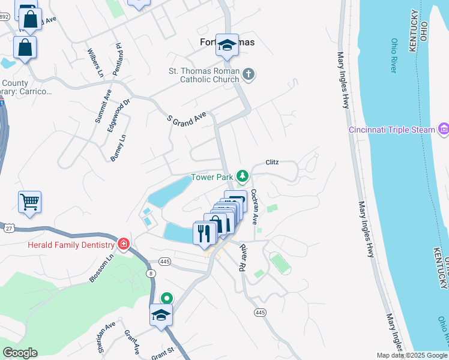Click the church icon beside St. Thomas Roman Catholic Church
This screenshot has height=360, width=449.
249,75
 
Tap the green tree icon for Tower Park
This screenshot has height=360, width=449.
242,176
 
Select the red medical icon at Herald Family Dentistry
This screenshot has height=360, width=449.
123,244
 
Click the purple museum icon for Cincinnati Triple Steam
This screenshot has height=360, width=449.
444,128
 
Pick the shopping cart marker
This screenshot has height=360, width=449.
29,202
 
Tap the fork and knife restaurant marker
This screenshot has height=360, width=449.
204,233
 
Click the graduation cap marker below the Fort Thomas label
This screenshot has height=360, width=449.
228,46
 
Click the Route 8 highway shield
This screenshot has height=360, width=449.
151,274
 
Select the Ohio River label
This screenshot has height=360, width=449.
394,55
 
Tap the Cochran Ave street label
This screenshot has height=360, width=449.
255,207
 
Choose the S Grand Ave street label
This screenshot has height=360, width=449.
186,117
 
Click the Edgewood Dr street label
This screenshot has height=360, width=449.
118,113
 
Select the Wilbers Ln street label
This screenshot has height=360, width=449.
95,62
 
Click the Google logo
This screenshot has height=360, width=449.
20,353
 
